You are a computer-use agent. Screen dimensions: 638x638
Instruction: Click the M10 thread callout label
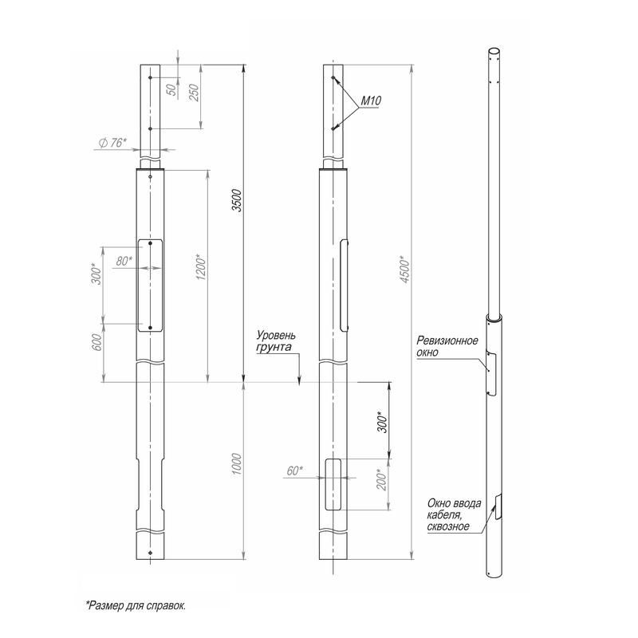coord(371,101)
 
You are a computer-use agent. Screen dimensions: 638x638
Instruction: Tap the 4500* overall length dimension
coord(405,270)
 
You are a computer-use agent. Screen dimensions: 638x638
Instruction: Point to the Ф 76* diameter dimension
coord(112,143)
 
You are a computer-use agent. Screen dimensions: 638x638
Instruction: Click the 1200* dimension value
coord(202,267)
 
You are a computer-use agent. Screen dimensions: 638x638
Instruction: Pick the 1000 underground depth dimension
coord(237,464)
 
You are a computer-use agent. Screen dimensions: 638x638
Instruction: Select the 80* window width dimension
coord(124,261)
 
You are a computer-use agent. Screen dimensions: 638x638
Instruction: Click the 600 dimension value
coord(97,343)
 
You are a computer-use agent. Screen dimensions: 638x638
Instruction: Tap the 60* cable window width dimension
coord(294,471)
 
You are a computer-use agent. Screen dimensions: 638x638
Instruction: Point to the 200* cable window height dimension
coord(382,480)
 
